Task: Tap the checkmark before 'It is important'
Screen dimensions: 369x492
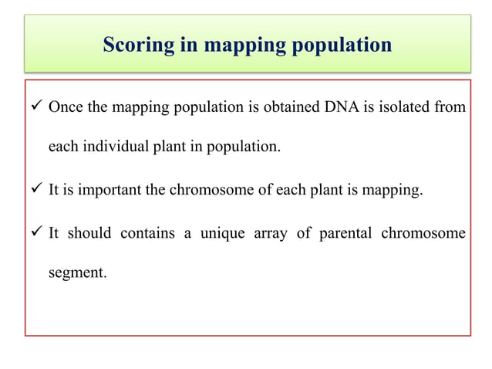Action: pyautogui.click(x=35, y=191)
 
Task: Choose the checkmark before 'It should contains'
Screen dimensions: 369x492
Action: pyautogui.click(x=35, y=232)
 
